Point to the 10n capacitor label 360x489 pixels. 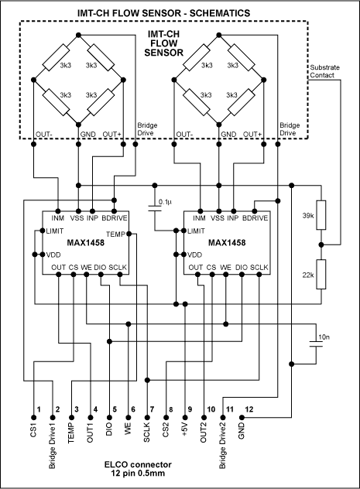click(323, 337)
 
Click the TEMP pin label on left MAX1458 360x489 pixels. click(115, 234)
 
